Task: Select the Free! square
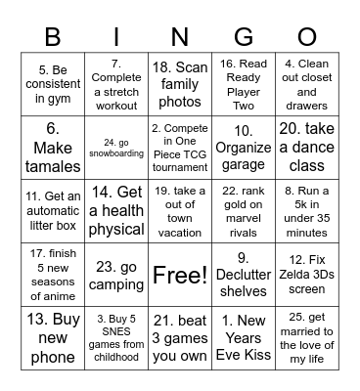[x=180, y=276]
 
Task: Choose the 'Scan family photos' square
[x=180, y=83]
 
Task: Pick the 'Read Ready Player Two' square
[x=237, y=83]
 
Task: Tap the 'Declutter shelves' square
[x=237, y=276]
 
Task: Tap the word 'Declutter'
[x=237, y=276]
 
